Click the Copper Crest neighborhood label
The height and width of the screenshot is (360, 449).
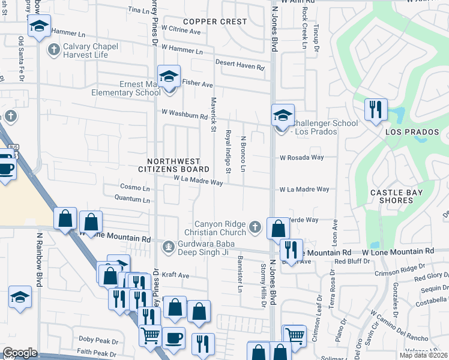(x=215, y=22)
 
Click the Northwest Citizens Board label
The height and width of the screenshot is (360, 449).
(x=178, y=166)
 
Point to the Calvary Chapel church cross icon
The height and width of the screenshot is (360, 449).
(x=53, y=49)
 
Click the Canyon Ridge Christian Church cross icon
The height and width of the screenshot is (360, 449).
(x=255, y=227)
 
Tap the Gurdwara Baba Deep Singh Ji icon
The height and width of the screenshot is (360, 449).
(x=168, y=246)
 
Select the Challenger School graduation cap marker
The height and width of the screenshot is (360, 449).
(x=282, y=115)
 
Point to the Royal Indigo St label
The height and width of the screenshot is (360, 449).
(x=228, y=151)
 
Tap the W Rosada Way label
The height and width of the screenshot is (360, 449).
(x=301, y=158)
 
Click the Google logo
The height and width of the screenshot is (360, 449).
(x=20, y=353)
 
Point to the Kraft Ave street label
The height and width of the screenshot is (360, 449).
(x=176, y=275)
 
